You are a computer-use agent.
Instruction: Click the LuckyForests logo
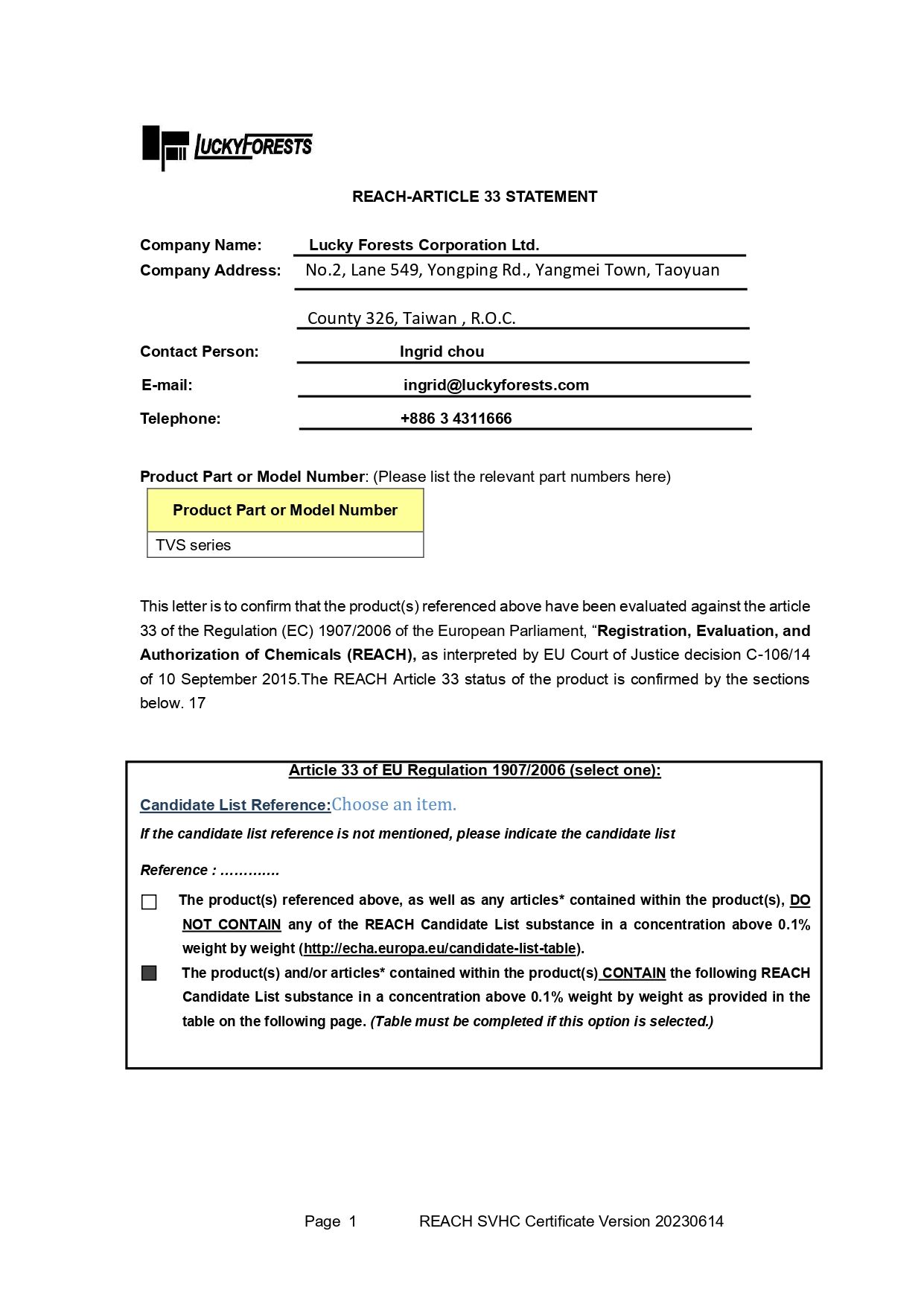pyautogui.click(x=227, y=146)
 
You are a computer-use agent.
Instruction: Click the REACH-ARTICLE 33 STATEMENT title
pyautogui.click(x=474, y=197)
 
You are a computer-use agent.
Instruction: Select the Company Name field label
pyautogui.click(x=200, y=245)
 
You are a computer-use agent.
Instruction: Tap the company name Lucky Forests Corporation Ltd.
pyautogui.click(x=424, y=245)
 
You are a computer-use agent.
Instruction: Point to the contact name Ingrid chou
pyautogui.click(x=442, y=352)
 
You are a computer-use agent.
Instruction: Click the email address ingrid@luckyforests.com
pyautogui.click(x=496, y=385)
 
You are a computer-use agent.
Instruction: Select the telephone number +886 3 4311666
pyautogui.click(x=456, y=419)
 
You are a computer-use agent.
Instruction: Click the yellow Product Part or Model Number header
pyautogui.click(x=285, y=510)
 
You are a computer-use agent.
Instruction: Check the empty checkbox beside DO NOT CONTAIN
pyautogui.click(x=149, y=902)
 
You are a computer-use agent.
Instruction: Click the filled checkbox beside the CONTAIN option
pyautogui.click(x=149, y=973)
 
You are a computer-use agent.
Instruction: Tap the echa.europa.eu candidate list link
pyautogui.click(x=439, y=949)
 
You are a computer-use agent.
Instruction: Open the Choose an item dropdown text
pyautogui.click(x=394, y=804)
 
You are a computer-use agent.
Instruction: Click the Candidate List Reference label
pyautogui.click(x=235, y=805)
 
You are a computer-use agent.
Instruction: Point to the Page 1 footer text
pyautogui.click(x=330, y=1221)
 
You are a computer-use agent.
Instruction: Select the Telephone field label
pyautogui.click(x=180, y=419)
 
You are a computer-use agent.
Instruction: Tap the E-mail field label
pyautogui.click(x=167, y=385)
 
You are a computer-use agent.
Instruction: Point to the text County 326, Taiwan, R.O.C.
pyautogui.click(x=411, y=318)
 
